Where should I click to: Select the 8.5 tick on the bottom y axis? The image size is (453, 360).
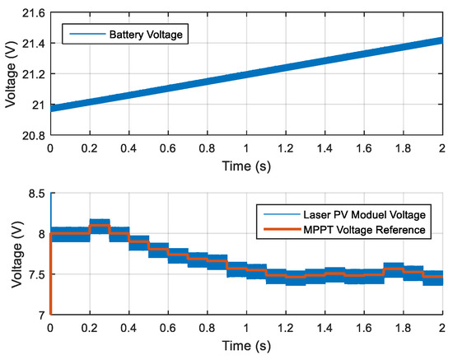pos(35,194)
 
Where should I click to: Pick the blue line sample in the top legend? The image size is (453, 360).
pos(81,35)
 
